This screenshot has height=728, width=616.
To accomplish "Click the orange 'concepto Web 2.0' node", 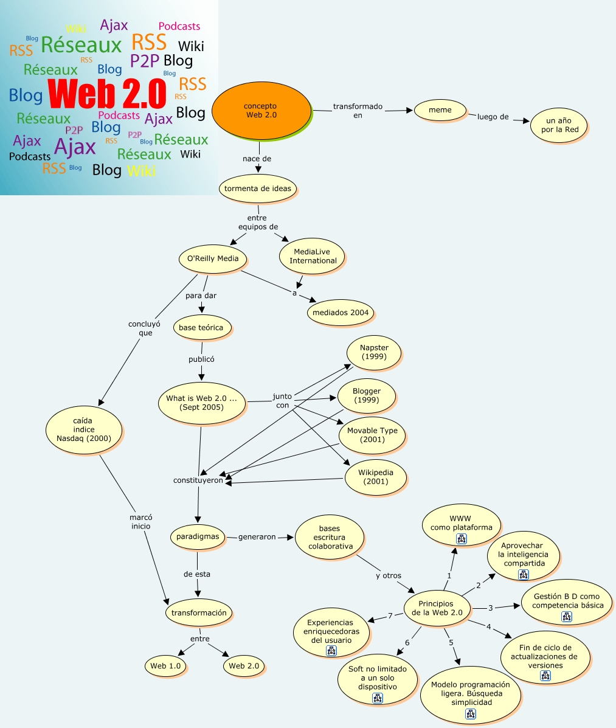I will pos(261,111).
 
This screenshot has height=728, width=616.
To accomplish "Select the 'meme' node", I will pos(440,110).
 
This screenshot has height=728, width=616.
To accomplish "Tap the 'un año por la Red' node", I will pos(558,125).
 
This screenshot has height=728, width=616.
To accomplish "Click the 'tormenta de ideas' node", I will pos(257,189).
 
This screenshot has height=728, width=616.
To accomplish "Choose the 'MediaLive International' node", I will pos(313,256).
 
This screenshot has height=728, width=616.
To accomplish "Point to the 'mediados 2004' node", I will pos(340,313).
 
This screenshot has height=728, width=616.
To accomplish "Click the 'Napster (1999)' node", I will pos(374,352).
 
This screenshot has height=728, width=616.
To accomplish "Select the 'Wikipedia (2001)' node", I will pos(375,477).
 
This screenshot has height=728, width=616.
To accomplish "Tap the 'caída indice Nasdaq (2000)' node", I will pos(84,429).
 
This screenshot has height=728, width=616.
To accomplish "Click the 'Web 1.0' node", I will pos(165,666).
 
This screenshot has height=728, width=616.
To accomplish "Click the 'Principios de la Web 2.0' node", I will pos(437,608).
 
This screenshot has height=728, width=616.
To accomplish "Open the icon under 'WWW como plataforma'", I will pos(461,539).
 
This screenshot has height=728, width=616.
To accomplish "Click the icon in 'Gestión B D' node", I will pos(566,617).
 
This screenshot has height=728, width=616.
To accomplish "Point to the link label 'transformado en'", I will pos(358,111).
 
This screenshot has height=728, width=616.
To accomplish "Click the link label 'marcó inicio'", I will pos(140,522).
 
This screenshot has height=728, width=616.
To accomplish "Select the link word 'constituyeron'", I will pos(198,480).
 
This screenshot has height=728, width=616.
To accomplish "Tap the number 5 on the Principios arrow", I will pos(451,642).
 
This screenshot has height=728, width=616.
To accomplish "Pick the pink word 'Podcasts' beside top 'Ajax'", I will pos(179,26).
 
